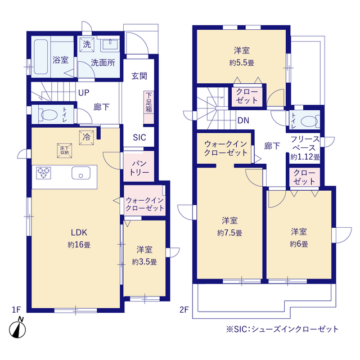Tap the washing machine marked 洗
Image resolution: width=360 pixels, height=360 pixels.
[x=87, y=44]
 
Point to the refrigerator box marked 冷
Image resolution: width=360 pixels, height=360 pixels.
[x=87, y=136]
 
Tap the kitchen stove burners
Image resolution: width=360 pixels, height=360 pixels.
[x=44, y=173]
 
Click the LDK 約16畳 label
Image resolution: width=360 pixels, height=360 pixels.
[x=79, y=237]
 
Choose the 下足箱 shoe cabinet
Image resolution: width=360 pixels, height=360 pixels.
[x=148, y=102]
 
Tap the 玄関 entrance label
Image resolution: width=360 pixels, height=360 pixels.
[x=139, y=76]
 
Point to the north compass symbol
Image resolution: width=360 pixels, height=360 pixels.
[x=18, y=328]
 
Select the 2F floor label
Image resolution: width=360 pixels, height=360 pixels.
[x=184, y=309]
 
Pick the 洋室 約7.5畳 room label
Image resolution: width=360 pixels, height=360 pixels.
[x=229, y=226]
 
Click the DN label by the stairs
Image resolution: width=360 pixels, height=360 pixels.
[x=243, y=120]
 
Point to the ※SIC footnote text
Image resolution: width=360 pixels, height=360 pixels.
[x=282, y=328]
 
